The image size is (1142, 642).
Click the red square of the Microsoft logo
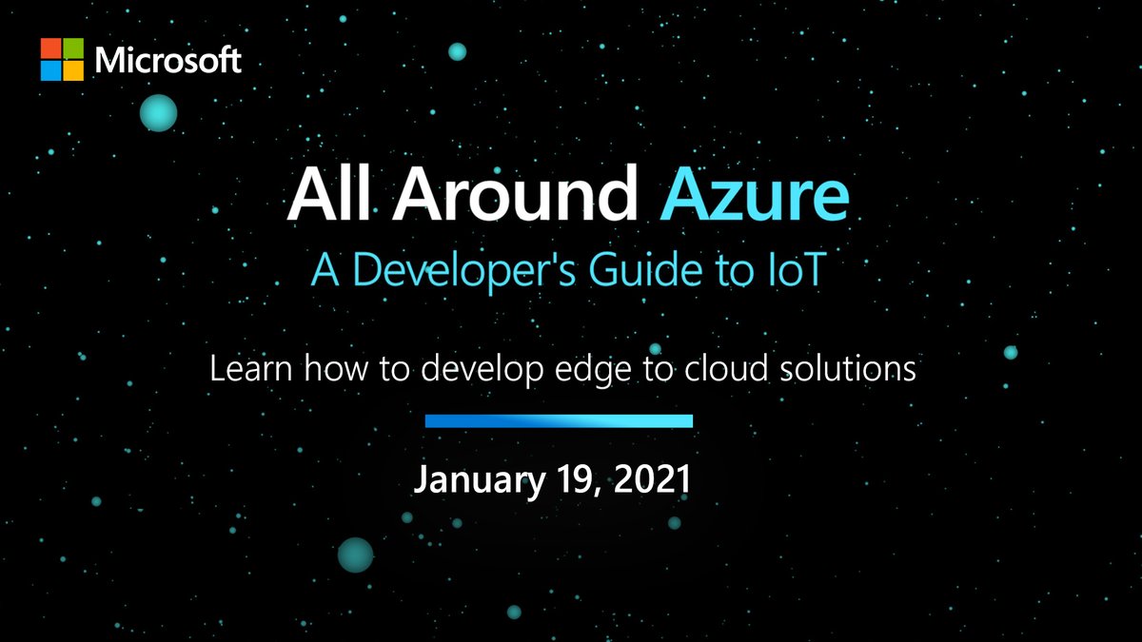(50, 49)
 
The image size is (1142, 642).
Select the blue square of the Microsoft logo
(50, 71)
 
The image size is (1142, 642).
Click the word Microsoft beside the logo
(168, 61)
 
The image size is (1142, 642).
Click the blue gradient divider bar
(559, 420)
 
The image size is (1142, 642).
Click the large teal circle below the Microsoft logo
(159, 113)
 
